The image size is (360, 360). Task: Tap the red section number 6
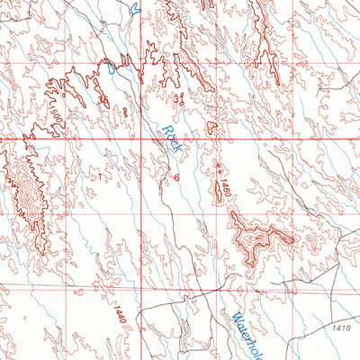177,178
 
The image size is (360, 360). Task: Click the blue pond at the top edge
135,8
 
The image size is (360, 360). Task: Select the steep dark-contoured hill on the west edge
25,184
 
